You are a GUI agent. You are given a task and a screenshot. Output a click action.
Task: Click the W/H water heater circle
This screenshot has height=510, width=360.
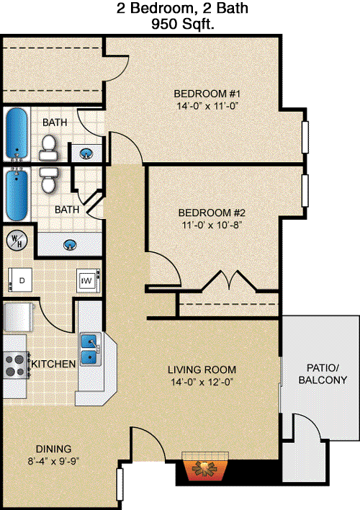[x=17, y=240]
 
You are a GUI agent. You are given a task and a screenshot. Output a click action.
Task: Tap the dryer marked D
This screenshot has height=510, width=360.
[x=20, y=279]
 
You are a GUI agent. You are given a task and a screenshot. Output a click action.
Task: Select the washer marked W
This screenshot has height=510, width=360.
[x=88, y=280]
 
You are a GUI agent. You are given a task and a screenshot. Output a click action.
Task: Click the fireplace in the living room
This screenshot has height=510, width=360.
[x=205, y=466]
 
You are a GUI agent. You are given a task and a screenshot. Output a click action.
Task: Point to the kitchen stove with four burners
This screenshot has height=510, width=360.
[x=17, y=365]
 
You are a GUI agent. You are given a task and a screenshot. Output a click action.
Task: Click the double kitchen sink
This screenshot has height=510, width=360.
[x=89, y=349]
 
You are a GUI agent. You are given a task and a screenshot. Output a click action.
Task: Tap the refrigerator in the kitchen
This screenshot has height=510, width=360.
[x=18, y=317]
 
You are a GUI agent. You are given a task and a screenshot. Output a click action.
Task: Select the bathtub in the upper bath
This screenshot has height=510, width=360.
[x=17, y=134]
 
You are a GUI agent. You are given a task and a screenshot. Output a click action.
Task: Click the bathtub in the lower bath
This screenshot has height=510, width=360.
[x=17, y=194]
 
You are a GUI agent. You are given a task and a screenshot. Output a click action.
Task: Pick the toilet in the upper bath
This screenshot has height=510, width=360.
[x=49, y=148]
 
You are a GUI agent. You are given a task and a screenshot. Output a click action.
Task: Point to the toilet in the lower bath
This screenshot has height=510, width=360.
[x=49, y=181]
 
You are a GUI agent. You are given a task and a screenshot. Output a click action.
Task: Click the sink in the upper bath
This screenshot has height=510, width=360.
[x=86, y=153]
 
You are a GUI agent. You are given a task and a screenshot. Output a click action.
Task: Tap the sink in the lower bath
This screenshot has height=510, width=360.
[x=70, y=245]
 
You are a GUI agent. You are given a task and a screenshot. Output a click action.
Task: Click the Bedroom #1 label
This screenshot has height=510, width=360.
[x=207, y=94]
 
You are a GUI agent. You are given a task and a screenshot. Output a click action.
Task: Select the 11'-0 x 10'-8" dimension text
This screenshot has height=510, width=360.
[x=212, y=225]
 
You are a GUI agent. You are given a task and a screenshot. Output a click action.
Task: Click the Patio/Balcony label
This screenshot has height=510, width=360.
[x=323, y=374]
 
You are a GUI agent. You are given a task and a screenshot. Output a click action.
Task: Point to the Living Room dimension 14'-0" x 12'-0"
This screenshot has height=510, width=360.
[x=202, y=382]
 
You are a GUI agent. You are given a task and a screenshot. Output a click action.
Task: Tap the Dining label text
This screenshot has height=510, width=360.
[x=54, y=449]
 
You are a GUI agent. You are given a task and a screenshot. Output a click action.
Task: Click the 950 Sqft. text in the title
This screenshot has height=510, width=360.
[x=183, y=24]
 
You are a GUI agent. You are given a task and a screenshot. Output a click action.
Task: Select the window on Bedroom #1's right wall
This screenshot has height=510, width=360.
[x=305, y=137]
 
